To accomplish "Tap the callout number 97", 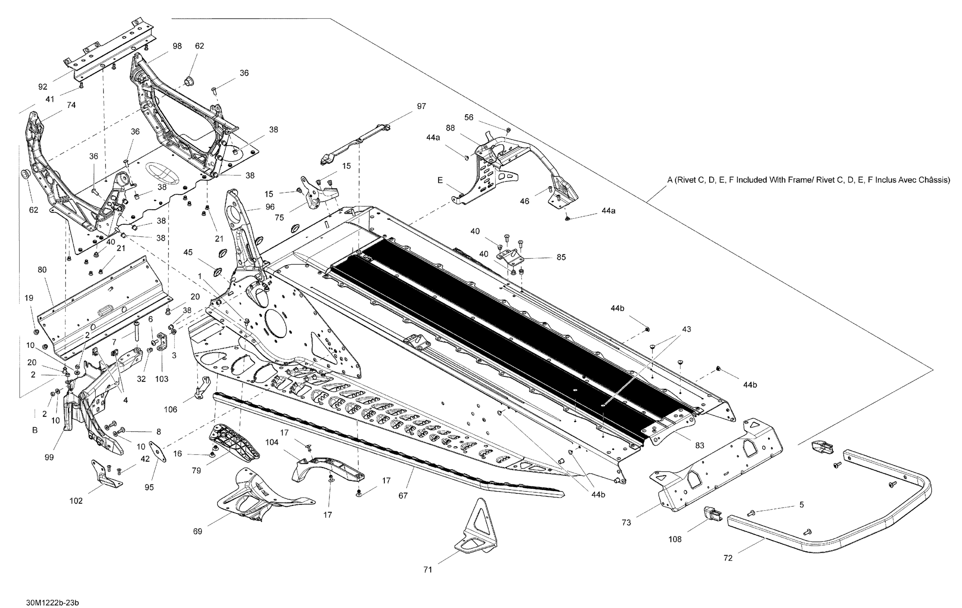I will (421, 106).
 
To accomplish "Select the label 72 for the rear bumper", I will (728, 558).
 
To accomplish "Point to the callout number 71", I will (427, 570).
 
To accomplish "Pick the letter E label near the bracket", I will (440, 181).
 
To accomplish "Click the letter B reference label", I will (35, 431).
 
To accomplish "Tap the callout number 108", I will (675, 539).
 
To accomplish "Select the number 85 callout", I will (561, 257).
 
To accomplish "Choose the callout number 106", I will (171, 410).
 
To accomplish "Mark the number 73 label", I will (626, 522).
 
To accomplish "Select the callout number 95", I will (149, 487).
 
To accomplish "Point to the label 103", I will (162, 379).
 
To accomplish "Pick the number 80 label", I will (42, 270).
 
